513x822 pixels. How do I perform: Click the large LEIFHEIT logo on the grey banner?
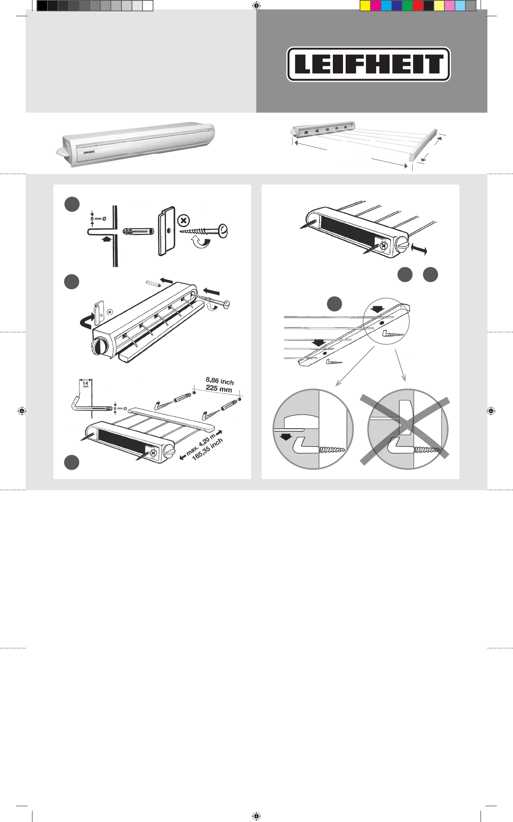(x=369, y=64)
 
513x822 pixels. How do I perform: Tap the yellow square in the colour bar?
(x=365, y=6)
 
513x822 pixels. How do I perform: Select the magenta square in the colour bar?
(x=376, y=6)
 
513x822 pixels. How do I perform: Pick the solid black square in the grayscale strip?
(x=42, y=6)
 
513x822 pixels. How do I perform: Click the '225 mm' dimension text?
(x=219, y=388)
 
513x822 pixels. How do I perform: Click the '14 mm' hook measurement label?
(x=85, y=384)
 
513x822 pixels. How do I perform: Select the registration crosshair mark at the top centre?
(x=256, y=5)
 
